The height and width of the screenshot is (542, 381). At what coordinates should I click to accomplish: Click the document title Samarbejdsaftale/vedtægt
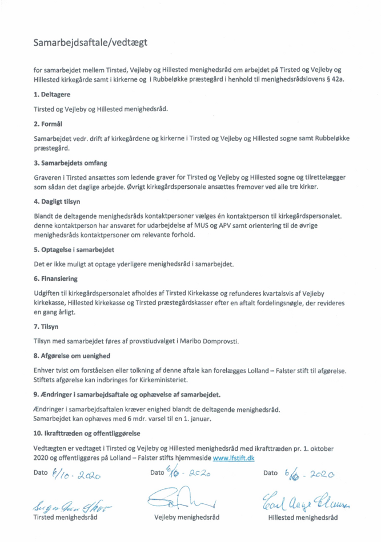click(94, 42)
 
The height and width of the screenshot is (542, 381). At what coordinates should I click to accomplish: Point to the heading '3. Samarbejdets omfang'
click(67, 163)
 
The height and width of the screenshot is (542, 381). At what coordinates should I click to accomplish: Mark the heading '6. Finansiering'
click(56, 278)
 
